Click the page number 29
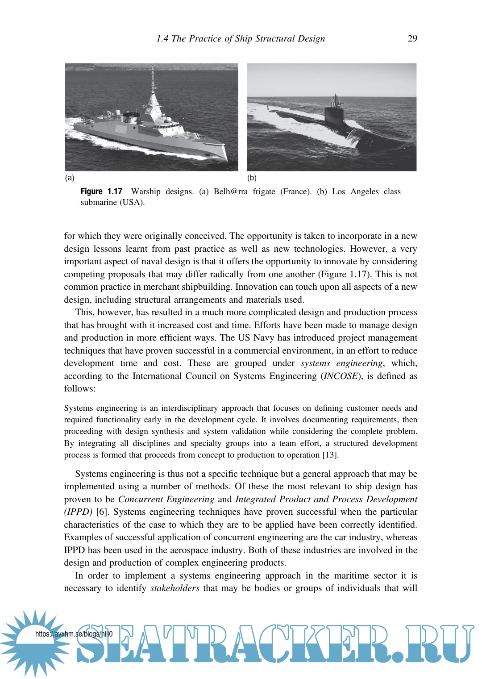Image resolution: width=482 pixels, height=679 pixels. [x=412, y=38]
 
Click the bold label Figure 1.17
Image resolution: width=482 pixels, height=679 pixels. [x=101, y=192]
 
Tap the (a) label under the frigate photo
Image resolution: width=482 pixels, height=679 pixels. [x=70, y=178]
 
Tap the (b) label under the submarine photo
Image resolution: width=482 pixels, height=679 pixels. [x=252, y=178]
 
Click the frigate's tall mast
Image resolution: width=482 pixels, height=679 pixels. [x=153, y=83]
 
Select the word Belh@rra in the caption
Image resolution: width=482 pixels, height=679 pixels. [x=230, y=192]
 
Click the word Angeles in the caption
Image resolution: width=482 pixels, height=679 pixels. [x=365, y=192]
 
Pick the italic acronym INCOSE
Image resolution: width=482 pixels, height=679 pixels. [x=341, y=376]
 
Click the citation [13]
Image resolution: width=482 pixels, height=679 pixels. [x=331, y=455]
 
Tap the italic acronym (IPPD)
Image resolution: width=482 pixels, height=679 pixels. [x=78, y=512]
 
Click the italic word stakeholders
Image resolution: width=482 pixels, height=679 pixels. [x=175, y=588]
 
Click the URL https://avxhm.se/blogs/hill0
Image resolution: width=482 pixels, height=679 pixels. [x=74, y=634]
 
